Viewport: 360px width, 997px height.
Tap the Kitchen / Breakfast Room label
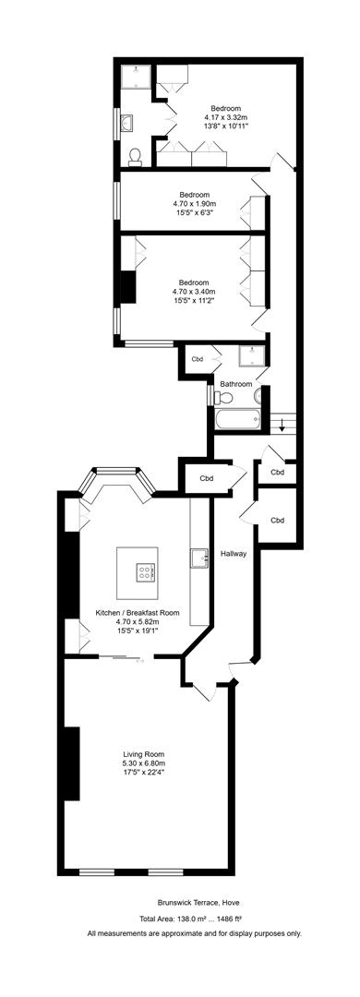point(138,613)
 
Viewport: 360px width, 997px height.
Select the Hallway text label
point(234,554)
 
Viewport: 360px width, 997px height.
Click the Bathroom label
point(236,384)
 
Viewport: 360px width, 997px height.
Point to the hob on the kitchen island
point(144,571)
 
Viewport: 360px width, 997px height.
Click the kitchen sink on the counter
point(199,558)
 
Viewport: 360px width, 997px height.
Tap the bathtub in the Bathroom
point(237,419)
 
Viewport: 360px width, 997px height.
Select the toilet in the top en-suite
point(135,156)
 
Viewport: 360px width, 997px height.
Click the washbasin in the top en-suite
point(126,122)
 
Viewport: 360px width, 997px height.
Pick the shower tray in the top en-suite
point(136,77)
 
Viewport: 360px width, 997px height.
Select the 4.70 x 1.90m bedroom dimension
point(194,204)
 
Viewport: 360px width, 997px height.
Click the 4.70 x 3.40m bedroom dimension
point(193,292)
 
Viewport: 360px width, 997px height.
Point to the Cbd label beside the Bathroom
point(198,359)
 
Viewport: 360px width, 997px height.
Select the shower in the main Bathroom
point(252,356)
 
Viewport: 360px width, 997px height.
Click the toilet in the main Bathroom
point(223,397)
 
